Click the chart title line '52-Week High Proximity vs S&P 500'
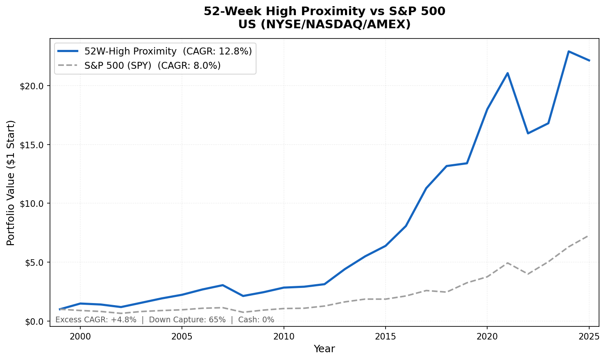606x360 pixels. [x=324, y=11]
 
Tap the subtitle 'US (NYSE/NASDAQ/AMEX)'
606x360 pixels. [x=324, y=25]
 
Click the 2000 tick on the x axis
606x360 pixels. [x=80, y=337]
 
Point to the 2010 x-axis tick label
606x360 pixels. [x=284, y=337]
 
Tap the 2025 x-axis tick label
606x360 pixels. [x=589, y=337]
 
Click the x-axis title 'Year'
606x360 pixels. [x=324, y=349]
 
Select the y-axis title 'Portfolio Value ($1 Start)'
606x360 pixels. [x=11, y=183]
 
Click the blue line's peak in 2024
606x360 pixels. [x=568, y=52]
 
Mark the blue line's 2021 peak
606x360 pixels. [x=508, y=73]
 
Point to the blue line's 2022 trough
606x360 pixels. [x=528, y=133]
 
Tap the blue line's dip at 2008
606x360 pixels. [x=243, y=296]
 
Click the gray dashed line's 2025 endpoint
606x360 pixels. [x=589, y=235]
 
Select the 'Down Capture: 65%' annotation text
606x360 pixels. [x=187, y=320]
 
